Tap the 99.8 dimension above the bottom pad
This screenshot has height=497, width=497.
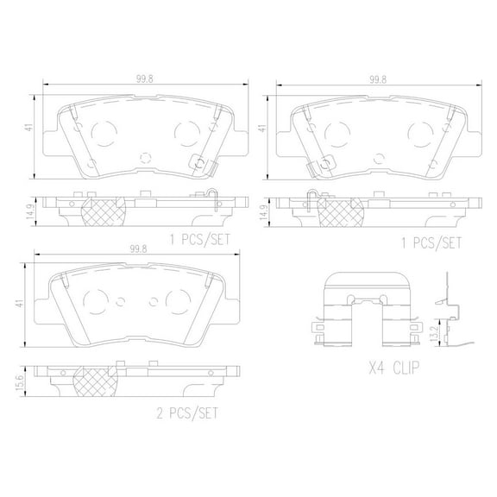coord(135,248)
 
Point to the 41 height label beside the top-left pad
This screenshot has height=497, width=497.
coord(29,128)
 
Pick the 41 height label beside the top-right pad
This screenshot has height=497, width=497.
coord(261,128)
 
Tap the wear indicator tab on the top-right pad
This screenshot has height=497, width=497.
coord(324,162)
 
